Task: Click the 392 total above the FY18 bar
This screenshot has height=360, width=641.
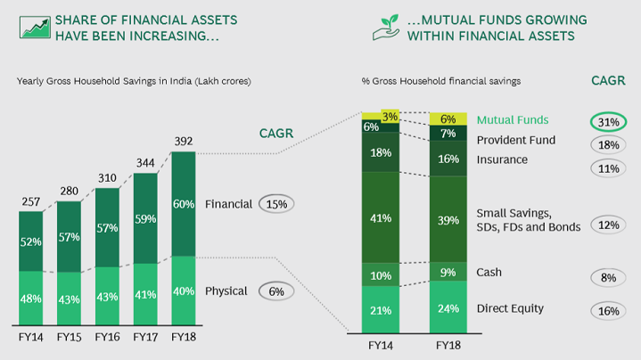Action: click(x=184, y=142)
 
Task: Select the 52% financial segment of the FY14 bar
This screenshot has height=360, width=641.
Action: click(x=30, y=241)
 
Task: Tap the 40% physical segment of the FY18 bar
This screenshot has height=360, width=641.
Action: click(x=184, y=290)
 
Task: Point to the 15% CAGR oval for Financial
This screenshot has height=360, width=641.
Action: click(x=276, y=204)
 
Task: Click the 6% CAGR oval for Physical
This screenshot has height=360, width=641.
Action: click(x=276, y=291)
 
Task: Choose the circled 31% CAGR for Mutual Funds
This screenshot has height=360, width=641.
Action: click(x=608, y=122)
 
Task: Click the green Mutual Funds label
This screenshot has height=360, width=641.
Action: click(x=513, y=119)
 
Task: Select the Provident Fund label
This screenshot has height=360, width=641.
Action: click(x=516, y=140)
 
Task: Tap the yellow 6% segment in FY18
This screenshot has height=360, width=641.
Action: click(x=448, y=119)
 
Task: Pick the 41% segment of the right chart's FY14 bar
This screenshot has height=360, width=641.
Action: click(x=381, y=217)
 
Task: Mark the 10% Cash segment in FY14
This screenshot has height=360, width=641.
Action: click(x=381, y=274)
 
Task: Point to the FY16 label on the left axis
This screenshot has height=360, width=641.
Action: click(x=107, y=337)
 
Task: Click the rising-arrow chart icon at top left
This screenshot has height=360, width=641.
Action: click(x=35, y=28)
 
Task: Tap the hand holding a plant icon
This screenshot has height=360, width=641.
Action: click(x=386, y=28)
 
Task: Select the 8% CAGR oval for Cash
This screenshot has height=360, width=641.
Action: click(x=608, y=278)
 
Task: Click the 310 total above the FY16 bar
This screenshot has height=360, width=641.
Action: click(x=107, y=178)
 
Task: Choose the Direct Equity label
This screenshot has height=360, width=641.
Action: click(x=510, y=308)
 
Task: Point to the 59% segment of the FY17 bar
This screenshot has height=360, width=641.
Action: click(x=145, y=218)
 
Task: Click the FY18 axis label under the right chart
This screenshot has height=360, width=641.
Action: click(x=448, y=346)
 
